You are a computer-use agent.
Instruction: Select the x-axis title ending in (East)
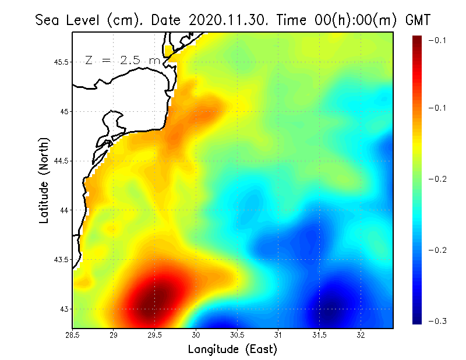pyautogui.click(x=232, y=349)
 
